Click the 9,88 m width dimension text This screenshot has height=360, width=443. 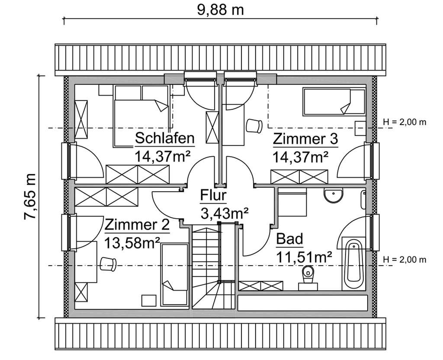pos(221,9)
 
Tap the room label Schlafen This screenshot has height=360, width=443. pos(164,138)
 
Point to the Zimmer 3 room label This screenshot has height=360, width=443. pos(305,139)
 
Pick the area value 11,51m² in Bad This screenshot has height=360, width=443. pos(304,256)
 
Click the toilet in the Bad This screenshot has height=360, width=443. pos(308,275)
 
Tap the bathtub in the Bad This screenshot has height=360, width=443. pos(353,264)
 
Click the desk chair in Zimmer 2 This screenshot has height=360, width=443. pos(107,263)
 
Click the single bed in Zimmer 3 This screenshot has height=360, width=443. pos(334,102)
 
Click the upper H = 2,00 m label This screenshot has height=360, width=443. pos(404,122)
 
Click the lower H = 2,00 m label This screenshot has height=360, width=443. pos(404,260)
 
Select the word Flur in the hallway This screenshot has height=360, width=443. pos(213,196)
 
